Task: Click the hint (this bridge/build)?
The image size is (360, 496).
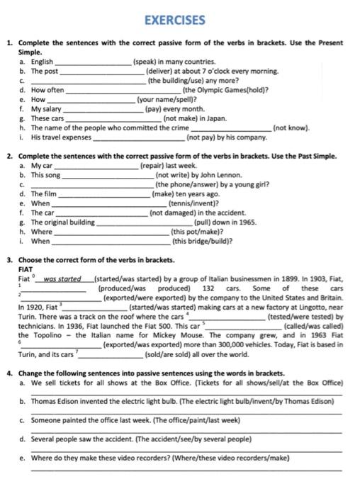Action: [202, 241]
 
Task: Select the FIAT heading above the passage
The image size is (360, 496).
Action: [26, 270]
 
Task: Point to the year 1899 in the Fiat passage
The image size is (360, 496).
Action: [274, 279]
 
